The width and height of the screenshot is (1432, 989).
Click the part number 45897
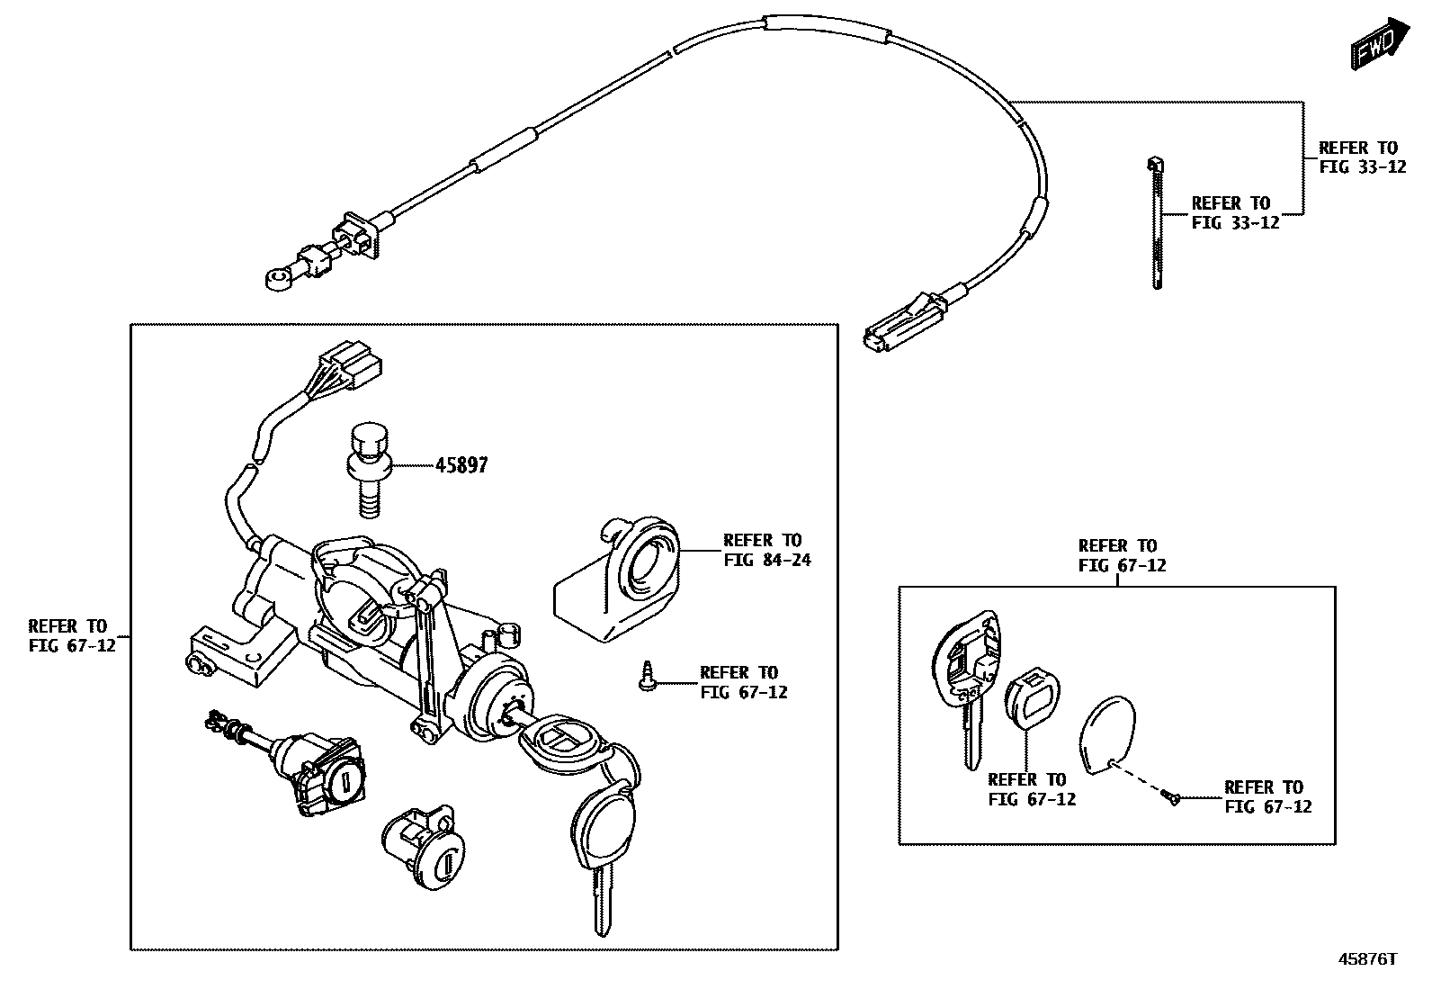[x=461, y=466]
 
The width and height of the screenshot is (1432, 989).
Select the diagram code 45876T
[x=1367, y=959]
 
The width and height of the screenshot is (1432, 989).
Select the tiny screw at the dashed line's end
[x=1170, y=796]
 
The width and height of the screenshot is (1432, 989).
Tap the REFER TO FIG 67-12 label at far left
[x=72, y=635]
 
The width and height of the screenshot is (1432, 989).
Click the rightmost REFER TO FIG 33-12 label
[x=1361, y=157]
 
